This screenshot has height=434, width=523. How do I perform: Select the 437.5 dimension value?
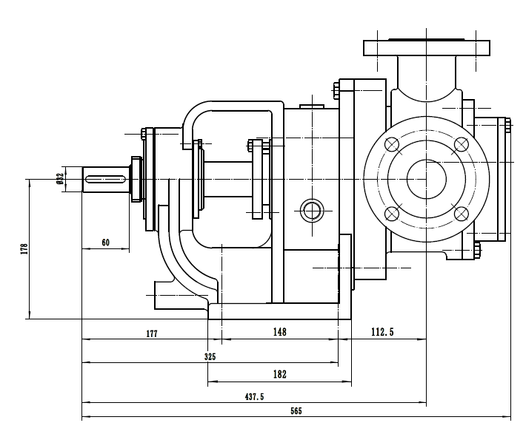[x=254, y=397]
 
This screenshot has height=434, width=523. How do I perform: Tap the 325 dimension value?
[x=210, y=356]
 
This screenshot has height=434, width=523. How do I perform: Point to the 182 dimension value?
[x=279, y=375]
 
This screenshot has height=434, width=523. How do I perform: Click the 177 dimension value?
[x=152, y=333]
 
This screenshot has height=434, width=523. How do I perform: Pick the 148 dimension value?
[x=279, y=333]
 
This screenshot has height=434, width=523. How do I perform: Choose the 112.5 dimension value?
[x=382, y=333]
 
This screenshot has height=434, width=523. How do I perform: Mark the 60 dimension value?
[x=105, y=242]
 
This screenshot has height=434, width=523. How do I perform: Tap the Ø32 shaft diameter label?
[x=59, y=177]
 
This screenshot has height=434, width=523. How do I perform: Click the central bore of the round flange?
[x=427, y=180]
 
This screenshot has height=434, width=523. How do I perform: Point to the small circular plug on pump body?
[x=311, y=209]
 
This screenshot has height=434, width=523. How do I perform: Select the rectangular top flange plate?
[x=427, y=49]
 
